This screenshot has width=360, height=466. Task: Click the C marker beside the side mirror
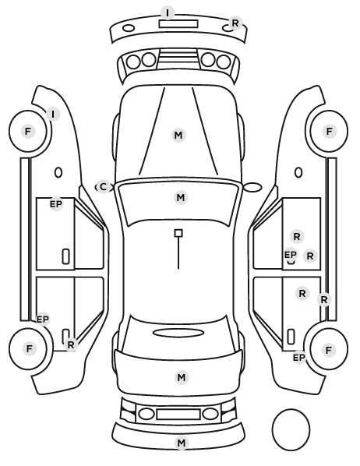tap(103, 187)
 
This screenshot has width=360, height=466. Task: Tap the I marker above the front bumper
tap(168, 13)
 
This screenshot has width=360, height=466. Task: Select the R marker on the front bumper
tap(235, 23)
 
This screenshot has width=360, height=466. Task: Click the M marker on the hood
tap(178, 136)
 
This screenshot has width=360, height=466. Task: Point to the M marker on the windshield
tap(181, 198)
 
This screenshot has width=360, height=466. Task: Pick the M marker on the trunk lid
tap(182, 377)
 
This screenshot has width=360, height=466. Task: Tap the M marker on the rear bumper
tap(182, 443)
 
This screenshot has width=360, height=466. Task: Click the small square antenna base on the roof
tap(178, 233)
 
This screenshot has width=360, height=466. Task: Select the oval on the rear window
tap(178, 333)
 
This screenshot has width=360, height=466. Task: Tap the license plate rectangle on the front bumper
tap(178, 24)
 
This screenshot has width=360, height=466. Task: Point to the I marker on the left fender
tap(53, 114)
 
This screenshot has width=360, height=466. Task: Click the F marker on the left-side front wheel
tap(28, 131)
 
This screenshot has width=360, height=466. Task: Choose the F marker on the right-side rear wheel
tap(329, 351)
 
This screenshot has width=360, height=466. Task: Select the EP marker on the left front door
tap(56, 204)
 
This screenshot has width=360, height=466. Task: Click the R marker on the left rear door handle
tap(71, 344)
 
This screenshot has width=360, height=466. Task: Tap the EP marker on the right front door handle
tap(291, 255)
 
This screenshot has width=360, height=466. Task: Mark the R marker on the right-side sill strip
tap(324, 299)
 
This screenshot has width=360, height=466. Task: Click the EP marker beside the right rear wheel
tap(299, 357)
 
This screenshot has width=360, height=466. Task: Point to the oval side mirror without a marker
tap(252, 187)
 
